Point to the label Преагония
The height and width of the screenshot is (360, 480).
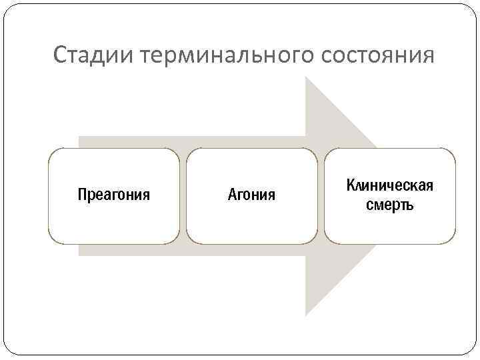tap(113, 195)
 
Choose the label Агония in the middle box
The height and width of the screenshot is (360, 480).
tap(251, 195)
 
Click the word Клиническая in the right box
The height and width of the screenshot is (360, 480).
tap(390, 185)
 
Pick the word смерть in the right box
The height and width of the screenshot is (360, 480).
tap(390, 205)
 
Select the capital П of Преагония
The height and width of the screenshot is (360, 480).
tap(82, 195)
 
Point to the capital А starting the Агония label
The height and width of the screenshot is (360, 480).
tap(232, 195)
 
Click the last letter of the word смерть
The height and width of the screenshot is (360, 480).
tap(409, 205)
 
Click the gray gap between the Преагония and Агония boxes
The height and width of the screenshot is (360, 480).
tap(183, 195)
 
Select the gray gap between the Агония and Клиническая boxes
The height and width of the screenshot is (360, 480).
tap(321, 195)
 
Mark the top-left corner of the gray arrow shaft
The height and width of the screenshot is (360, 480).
tap(79, 137)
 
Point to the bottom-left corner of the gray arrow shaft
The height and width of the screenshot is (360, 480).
tap(79, 255)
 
